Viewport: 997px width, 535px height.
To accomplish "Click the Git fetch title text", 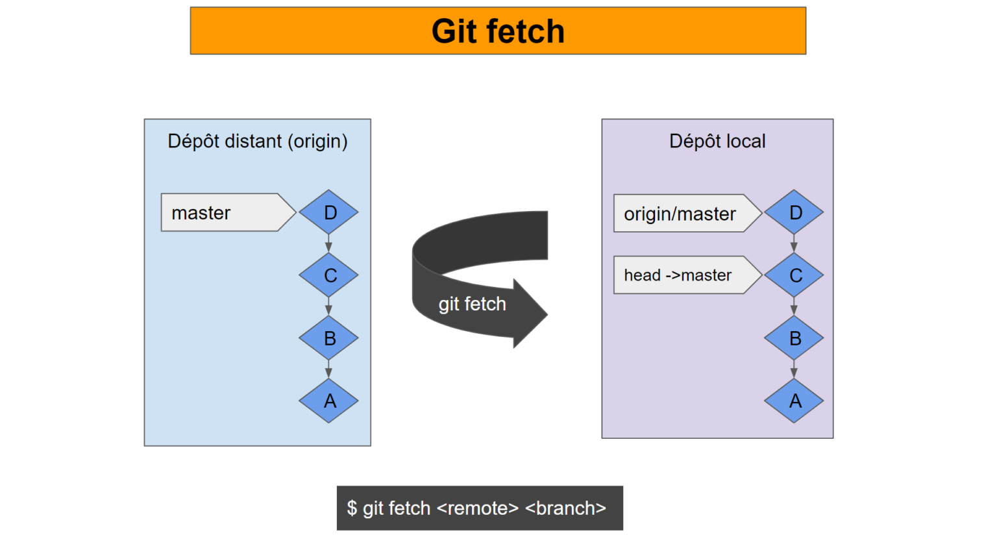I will tap(498, 31).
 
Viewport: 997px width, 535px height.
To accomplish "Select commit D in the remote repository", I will tap(328, 212).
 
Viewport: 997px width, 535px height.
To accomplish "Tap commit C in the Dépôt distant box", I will tap(328, 275).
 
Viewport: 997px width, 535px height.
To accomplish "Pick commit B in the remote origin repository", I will tap(328, 338).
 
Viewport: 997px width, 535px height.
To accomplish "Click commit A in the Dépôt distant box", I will tap(328, 401).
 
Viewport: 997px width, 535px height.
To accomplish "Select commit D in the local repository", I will tap(794, 212).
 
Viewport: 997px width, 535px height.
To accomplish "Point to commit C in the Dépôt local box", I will tap(794, 275).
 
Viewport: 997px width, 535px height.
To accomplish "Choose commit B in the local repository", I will tap(794, 338).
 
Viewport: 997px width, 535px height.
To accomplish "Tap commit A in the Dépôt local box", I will tap(794, 401).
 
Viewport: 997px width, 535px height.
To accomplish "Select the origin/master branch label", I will tap(680, 214).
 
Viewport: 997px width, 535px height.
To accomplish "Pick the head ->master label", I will tap(678, 275).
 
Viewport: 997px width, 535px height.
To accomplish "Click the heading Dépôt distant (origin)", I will tap(257, 141).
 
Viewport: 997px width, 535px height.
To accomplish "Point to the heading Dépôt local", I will tap(717, 141).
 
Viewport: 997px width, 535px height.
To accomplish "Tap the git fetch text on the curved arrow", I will tap(472, 304).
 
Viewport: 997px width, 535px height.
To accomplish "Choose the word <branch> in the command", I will tap(565, 508).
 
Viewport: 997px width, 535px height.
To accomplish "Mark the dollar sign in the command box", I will tap(352, 508).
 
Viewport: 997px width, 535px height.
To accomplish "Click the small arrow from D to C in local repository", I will tap(794, 244).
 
